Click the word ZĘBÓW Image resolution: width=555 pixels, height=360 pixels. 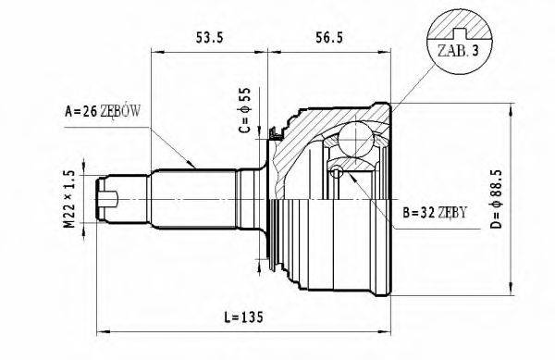click(123, 112)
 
